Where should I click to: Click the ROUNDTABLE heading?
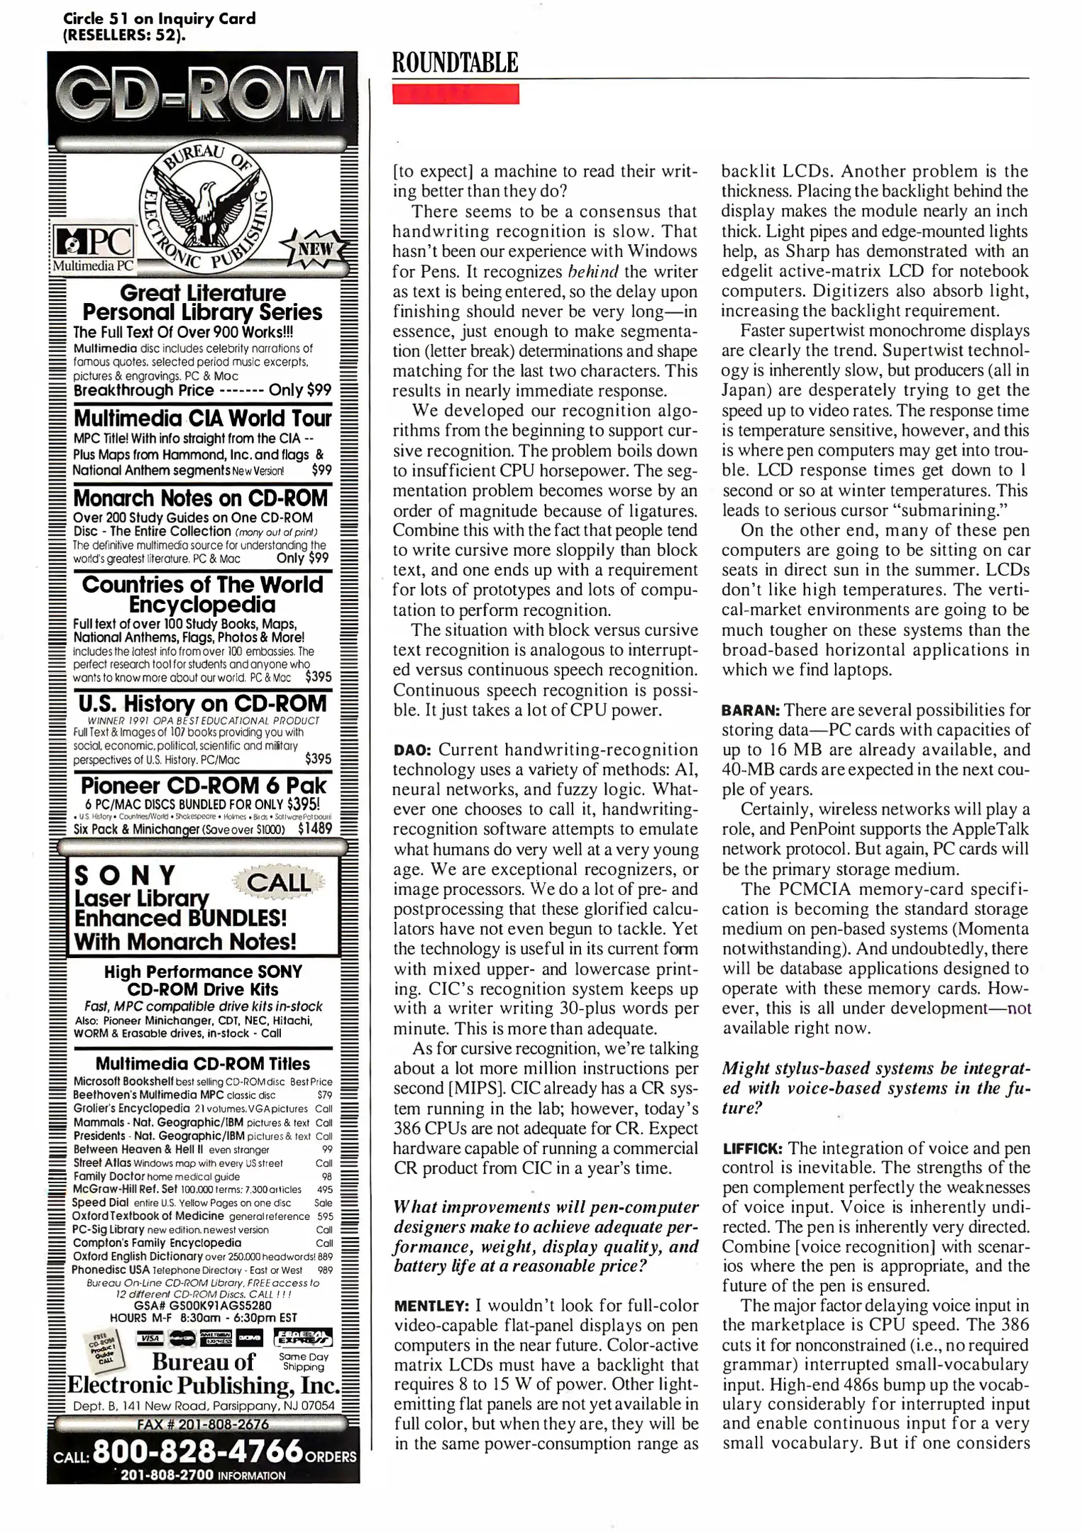pyautogui.click(x=456, y=63)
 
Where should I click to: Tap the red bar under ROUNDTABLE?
pyautogui.click(x=456, y=94)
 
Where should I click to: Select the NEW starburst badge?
pyautogui.click(x=317, y=250)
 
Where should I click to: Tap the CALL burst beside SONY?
pyautogui.click(x=278, y=882)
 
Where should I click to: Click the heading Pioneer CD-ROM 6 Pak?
pyautogui.click(x=203, y=786)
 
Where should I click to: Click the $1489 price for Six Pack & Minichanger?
pyautogui.click(x=315, y=828)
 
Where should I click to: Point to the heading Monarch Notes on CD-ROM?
pyautogui.click(x=201, y=498)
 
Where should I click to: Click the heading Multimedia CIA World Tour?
pyautogui.click(x=203, y=417)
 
